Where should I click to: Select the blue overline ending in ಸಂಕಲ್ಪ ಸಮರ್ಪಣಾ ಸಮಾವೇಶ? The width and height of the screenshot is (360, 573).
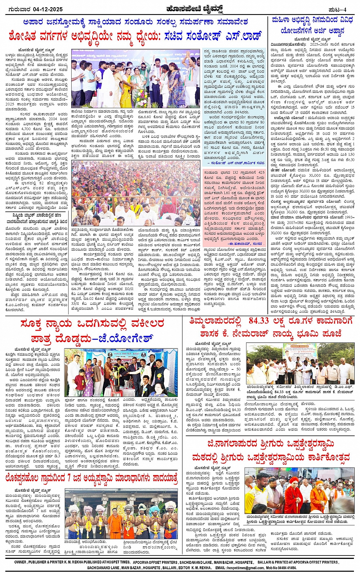click(135, 21)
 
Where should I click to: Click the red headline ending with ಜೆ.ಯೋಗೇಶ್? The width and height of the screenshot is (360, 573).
click(91, 331)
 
